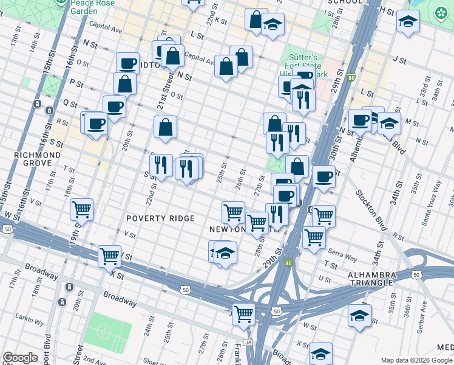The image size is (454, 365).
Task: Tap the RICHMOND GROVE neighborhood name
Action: pyautogui.click(x=38, y=159)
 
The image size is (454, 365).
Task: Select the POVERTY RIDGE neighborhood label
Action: pyautogui.click(x=160, y=218)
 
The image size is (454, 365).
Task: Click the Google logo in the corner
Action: pyautogui.click(x=20, y=358)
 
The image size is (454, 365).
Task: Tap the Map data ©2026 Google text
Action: pyautogui.click(x=416, y=360)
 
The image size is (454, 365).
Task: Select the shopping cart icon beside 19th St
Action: pyautogui.click(x=81, y=209)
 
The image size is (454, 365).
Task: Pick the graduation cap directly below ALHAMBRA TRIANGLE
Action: pyautogui.click(x=360, y=316)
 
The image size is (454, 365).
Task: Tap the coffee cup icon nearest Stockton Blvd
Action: pyautogui.click(x=324, y=177)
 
